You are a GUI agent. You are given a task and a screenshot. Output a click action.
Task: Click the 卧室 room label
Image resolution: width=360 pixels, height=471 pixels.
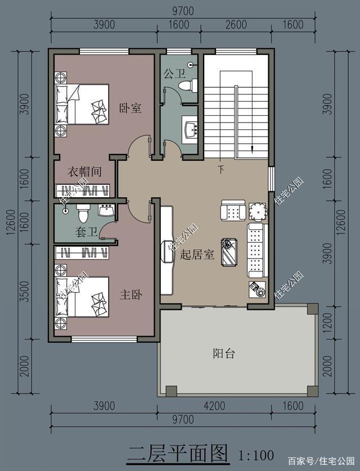click(130, 108)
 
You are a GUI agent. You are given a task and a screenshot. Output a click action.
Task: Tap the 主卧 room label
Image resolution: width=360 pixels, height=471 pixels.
click(130, 294)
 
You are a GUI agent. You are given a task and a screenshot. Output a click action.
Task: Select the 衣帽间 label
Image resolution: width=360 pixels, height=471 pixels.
click(84, 171)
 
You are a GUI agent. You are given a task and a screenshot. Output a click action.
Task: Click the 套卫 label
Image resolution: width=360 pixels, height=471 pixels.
click(86, 231)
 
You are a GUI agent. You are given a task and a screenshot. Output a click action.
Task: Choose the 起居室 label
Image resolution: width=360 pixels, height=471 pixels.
click(197, 255)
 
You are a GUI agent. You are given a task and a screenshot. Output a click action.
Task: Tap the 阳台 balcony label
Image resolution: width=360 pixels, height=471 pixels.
click(223, 354)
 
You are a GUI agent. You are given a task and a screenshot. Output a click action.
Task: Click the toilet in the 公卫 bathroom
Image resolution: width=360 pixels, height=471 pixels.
click(187, 85)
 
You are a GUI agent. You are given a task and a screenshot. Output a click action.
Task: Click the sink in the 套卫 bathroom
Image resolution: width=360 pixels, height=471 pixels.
click(106, 211)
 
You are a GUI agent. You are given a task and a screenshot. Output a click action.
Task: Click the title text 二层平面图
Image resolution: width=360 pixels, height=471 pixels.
click(178, 452)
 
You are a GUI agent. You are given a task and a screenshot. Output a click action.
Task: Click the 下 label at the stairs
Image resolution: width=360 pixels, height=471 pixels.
click(221, 168)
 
